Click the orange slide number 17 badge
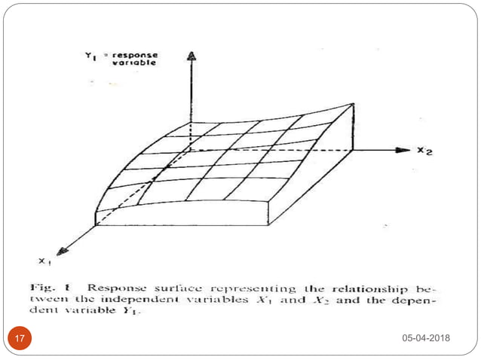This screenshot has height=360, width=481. [x=19, y=338]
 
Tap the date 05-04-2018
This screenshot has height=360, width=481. [x=426, y=338]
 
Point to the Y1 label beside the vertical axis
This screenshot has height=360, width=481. [x=90, y=56]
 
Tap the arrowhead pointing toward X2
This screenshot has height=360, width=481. [x=405, y=151]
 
